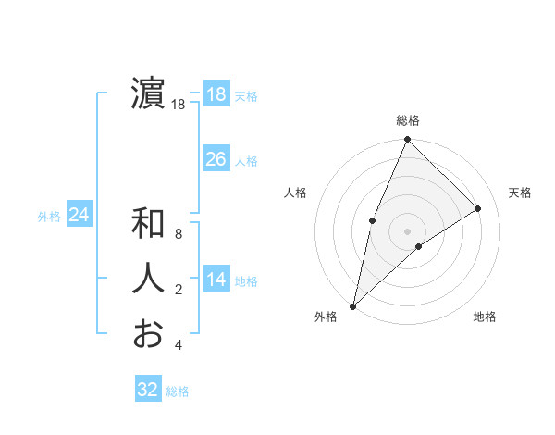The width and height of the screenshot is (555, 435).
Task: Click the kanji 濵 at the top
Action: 149,93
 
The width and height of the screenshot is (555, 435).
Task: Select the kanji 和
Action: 149,223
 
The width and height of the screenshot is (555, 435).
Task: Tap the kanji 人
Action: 149,279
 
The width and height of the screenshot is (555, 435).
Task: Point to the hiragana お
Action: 149,333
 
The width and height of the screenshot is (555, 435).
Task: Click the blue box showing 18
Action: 216,94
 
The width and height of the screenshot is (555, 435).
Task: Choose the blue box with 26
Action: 216,159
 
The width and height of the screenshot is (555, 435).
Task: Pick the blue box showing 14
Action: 216,280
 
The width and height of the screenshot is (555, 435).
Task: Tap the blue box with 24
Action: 79,215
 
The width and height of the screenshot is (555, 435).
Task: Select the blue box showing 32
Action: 148,390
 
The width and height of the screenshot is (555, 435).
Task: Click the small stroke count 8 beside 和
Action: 179,235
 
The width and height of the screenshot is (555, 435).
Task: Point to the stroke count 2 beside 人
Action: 179,291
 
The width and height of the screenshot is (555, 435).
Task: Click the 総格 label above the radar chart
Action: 408,120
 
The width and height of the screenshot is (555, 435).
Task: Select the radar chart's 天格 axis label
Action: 521,193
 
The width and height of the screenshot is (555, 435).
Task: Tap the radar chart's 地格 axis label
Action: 485,317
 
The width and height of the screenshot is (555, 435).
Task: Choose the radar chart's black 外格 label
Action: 326,317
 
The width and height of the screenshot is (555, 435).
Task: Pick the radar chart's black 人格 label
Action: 295,193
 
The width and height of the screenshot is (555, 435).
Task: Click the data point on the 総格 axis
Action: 407,140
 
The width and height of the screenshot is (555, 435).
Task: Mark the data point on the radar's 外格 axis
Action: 352,305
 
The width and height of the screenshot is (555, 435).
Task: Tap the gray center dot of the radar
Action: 407,230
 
